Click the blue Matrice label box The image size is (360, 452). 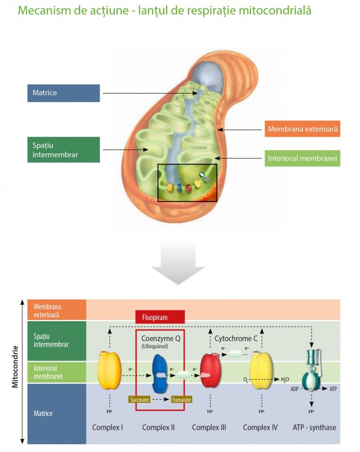(x=63, y=93)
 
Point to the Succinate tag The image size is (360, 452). (x=139, y=399)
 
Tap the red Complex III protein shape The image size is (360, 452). (x=210, y=371)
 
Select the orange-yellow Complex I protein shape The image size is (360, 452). (x=109, y=371)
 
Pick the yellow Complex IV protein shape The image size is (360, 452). (x=260, y=371)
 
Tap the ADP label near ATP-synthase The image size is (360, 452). (x=295, y=389)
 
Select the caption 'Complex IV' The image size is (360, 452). (x=260, y=427)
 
